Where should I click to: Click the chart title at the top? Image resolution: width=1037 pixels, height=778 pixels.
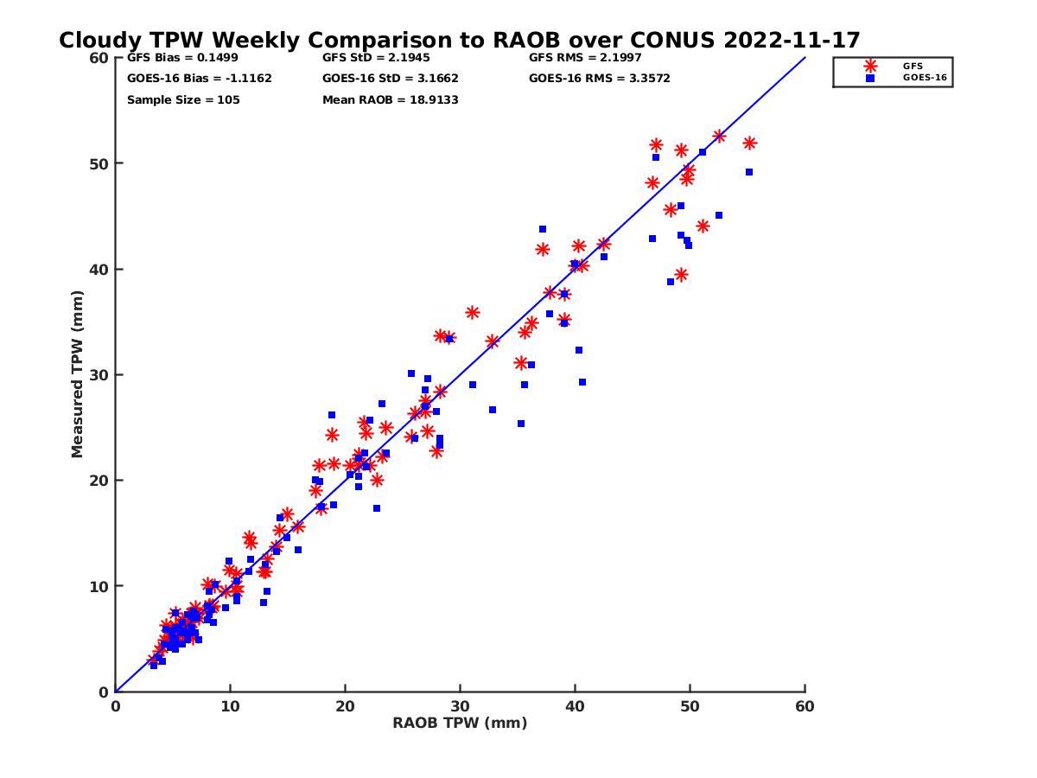[x=459, y=40]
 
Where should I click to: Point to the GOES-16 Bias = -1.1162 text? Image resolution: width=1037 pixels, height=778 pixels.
[x=199, y=79]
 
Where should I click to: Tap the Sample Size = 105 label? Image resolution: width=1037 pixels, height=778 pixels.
[x=183, y=100]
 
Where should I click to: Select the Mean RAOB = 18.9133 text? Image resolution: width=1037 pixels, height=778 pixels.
[x=390, y=100]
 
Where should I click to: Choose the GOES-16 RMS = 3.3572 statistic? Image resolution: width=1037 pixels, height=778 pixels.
[x=599, y=79]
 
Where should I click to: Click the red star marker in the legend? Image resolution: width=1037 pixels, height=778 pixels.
[x=870, y=66]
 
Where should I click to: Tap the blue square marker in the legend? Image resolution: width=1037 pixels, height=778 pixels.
[x=870, y=78]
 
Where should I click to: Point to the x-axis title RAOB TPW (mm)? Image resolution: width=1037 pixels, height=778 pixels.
[x=460, y=724]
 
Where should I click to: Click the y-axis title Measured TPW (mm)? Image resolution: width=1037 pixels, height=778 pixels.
[x=78, y=374]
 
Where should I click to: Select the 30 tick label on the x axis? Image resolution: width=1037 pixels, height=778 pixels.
[x=460, y=706]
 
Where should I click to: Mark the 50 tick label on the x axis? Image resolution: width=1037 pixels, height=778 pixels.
[x=690, y=706]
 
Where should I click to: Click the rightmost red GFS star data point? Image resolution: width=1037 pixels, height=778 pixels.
[x=749, y=143]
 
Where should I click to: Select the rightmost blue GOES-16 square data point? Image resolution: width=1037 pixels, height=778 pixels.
[x=749, y=172]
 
